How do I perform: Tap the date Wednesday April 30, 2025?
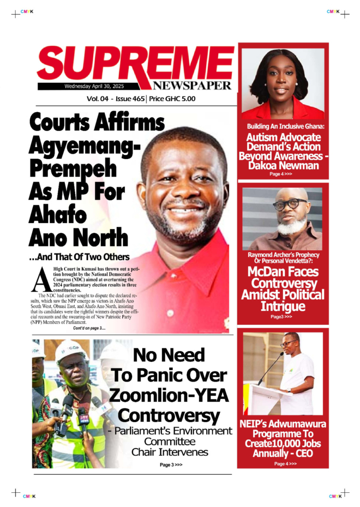(93, 86)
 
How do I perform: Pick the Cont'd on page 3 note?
(89, 328)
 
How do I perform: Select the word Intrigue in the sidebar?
(283, 306)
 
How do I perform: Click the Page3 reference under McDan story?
(281, 316)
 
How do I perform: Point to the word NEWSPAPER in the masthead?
(191, 86)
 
